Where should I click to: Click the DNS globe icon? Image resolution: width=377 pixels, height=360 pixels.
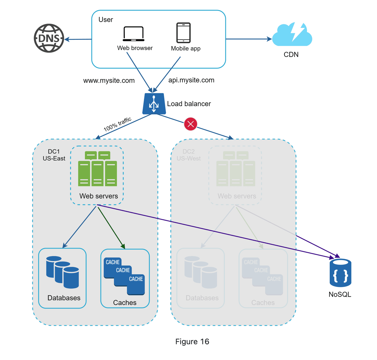pos(49,38)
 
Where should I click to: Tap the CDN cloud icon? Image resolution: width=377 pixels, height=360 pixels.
pos(292,35)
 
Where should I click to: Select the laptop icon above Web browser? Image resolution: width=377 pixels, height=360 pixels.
pos(133,34)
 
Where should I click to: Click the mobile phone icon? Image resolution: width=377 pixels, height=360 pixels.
pos(184,33)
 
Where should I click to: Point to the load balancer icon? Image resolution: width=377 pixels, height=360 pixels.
pos(154,104)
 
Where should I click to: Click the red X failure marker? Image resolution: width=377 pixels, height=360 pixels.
pos(190,124)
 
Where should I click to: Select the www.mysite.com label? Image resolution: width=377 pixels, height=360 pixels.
pos(109,80)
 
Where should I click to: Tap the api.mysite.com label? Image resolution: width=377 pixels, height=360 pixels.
pos(191,80)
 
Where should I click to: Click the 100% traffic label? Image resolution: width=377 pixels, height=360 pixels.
pos(117,124)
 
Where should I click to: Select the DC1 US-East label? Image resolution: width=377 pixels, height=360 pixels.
pos(54,155)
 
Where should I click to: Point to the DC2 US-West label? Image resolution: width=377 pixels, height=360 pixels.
pos(188,155)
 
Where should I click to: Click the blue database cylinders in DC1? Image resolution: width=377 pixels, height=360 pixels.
pos(63,272)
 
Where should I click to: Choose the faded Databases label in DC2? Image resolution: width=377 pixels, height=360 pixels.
pos(202,298)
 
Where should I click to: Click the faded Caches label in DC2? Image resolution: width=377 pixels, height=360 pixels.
pos(263,302)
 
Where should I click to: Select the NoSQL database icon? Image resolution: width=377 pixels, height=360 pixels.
pos(340,273)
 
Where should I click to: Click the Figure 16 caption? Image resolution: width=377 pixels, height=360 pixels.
pos(192,341)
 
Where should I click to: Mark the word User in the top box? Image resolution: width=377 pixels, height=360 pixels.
pos(106,20)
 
